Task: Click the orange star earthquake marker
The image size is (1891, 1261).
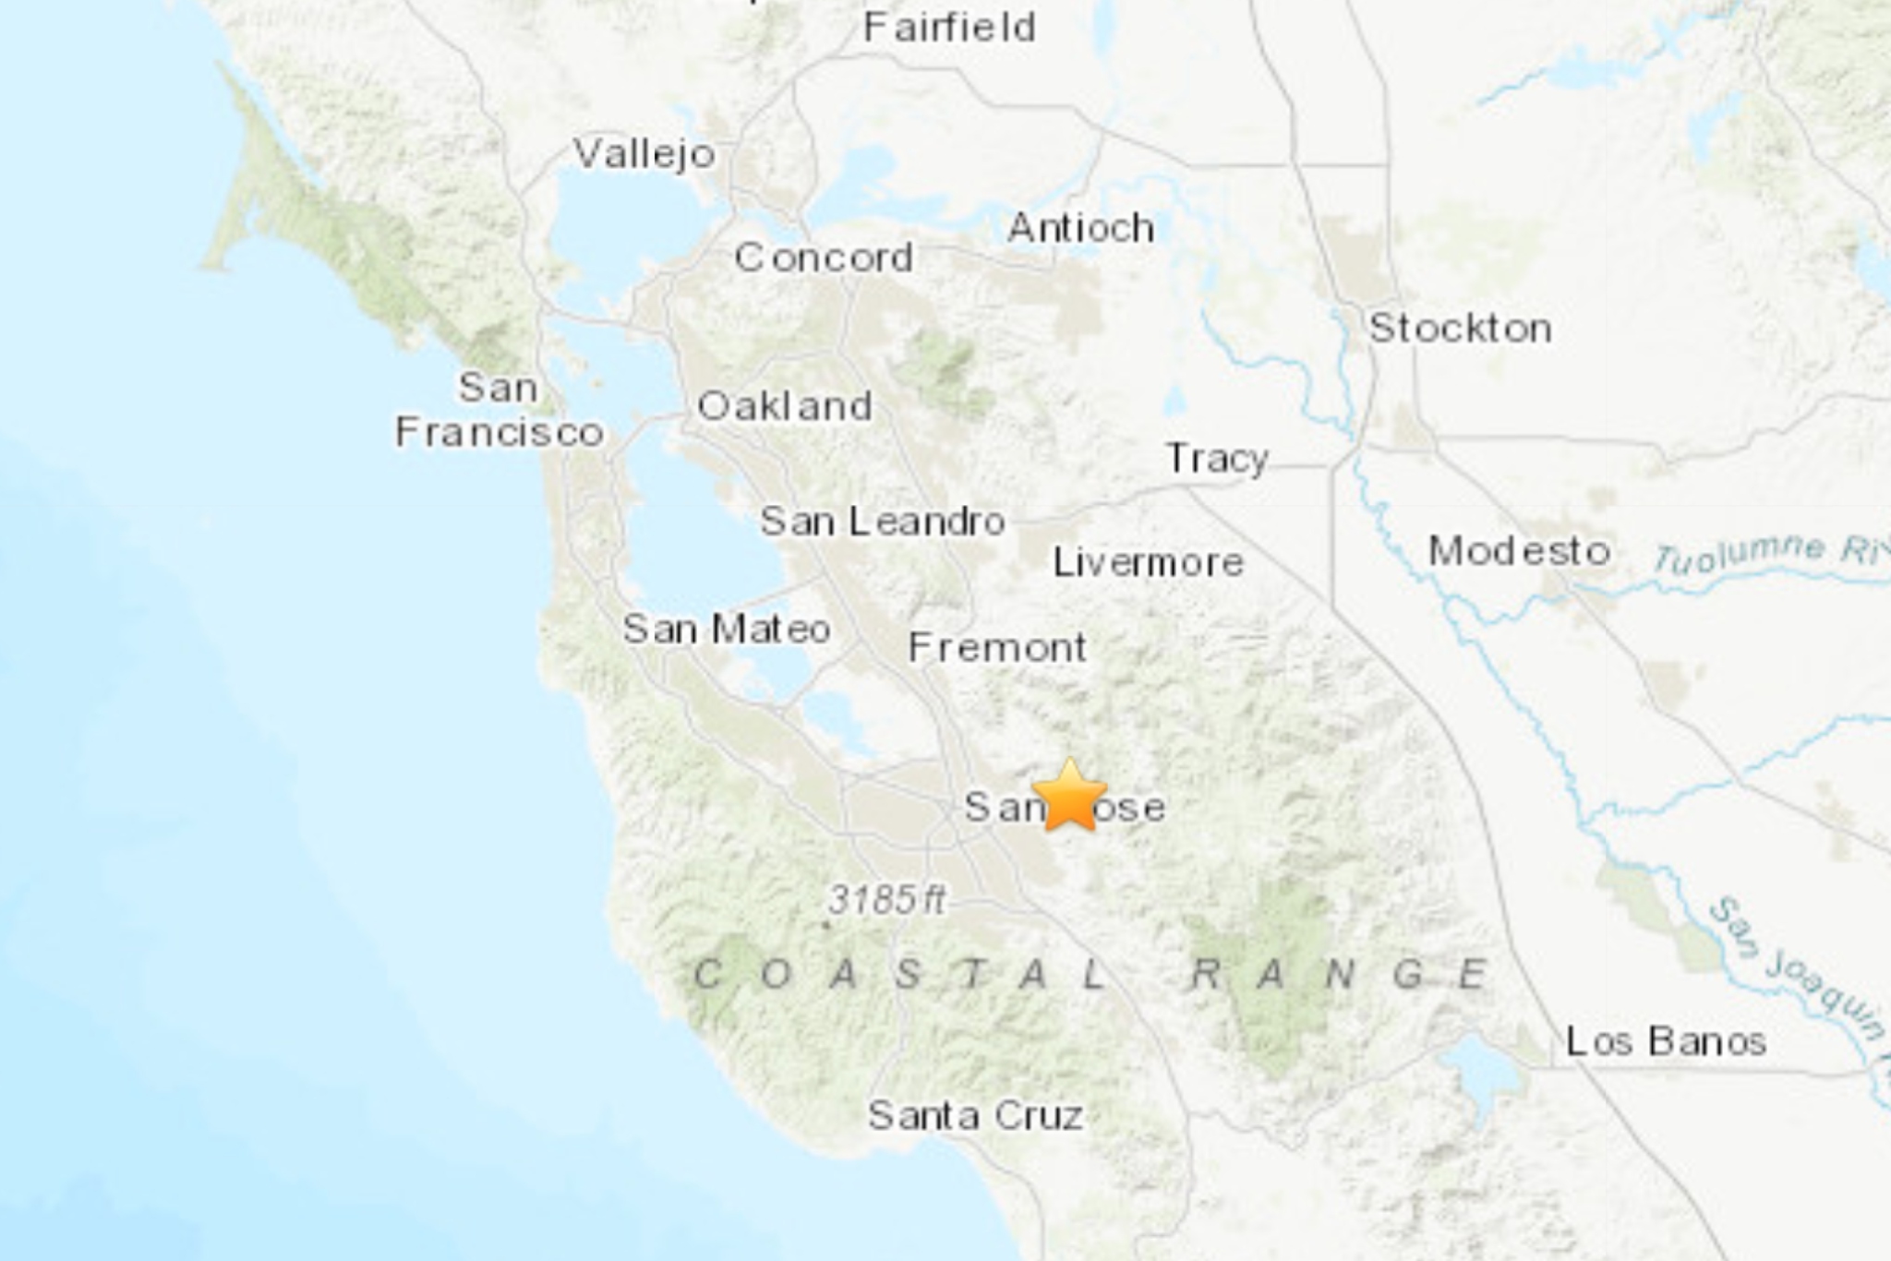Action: coord(1069,797)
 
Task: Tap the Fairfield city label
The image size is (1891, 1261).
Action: coord(949,28)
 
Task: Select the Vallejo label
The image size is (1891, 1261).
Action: coord(644,153)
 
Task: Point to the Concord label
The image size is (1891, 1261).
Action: coord(824,257)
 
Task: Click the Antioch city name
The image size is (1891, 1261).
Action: coord(1081,228)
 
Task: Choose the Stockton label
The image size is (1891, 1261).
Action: coord(1460,329)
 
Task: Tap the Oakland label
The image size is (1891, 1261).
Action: coord(785,406)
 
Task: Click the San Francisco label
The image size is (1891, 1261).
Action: coord(500,411)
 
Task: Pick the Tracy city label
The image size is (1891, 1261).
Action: coord(1217,459)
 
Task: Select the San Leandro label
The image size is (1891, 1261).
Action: coord(883,522)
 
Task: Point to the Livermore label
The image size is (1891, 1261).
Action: coord(1149,562)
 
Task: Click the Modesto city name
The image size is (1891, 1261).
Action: coord(1520,551)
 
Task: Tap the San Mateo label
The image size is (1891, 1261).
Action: coord(727,630)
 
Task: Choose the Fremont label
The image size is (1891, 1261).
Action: coord(997,648)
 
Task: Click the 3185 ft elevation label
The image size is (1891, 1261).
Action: coord(886,899)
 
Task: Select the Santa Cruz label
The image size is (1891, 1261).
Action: coord(975,1116)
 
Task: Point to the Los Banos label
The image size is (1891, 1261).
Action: coord(1666,1041)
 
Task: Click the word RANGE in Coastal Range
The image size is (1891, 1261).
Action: coord(1339,974)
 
